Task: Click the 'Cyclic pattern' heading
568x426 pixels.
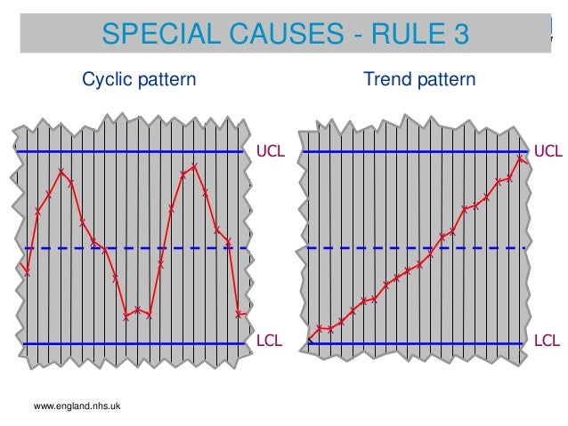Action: click(139, 79)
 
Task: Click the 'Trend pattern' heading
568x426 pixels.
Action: click(419, 79)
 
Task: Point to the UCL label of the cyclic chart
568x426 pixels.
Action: click(271, 151)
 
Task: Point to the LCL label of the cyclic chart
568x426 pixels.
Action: click(270, 341)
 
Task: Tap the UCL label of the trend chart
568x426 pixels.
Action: click(548, 151)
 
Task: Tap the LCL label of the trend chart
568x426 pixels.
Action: click(548, 341)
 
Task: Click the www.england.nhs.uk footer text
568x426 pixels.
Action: click(77, 406)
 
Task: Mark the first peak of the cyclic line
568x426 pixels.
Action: click(61, 171)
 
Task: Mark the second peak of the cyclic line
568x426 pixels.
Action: click(194, 166)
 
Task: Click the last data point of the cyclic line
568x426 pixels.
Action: click(239, 313)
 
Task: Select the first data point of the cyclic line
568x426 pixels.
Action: click(28, 272)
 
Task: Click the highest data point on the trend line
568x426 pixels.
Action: click(521, 157)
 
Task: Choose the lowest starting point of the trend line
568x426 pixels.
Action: click(310, 340)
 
